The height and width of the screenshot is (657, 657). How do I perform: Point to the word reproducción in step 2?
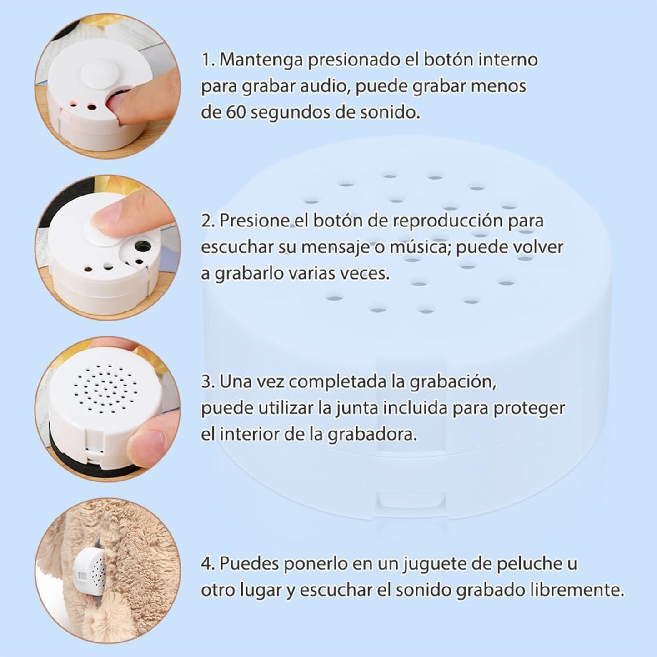448,221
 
